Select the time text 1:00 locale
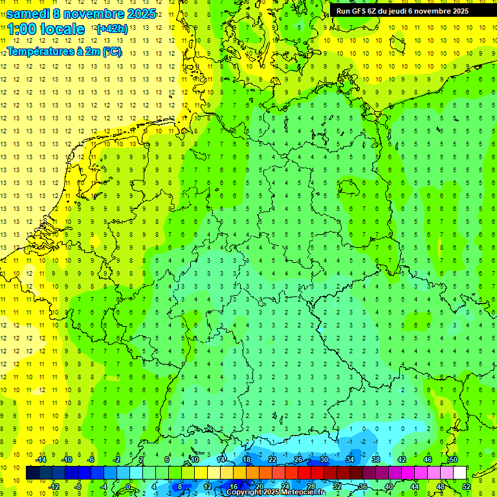tap(46, 29)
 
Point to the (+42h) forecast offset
tap(111, 29)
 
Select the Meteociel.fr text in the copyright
tap(298, 492)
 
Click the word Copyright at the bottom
tap(245, 492)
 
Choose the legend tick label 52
tap(466, 487)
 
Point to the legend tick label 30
tap(324, 459)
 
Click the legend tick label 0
tap(127, 487)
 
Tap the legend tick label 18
tap(246, 459)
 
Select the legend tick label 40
tap(388, 487)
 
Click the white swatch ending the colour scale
tap(459, 473)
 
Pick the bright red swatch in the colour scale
tap(304, 473)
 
